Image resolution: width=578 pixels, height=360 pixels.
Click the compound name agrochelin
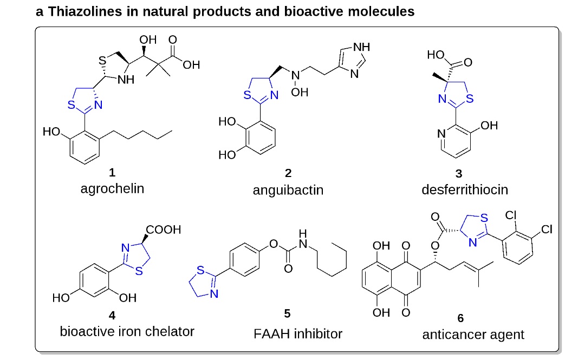pyautogui.click(x=112, y=189)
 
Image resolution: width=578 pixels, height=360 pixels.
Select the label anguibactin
pyautogui.click(x=288, y=190)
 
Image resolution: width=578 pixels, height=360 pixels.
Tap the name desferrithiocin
pyautogui.click(x=465, y=190)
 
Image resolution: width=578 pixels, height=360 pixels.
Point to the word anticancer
pyautogui.click(x=451, y=335)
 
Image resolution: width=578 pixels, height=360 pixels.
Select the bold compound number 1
pyautogui.click(x=112, y=172)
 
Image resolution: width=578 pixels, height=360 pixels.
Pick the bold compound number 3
pyautogui.click(x=459, y=173)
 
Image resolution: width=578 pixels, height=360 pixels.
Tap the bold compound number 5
pyautogui.click(x=288, y=313)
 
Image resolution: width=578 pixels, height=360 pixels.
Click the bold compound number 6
pyautogui.click(x=460, y=318)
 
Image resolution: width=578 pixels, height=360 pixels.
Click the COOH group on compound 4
pyautogui.click(x=164, y=230)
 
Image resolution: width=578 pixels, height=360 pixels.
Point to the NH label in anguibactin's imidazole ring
pyautogui.click(x=361, y=47)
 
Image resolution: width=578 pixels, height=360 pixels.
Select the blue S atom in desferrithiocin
pyautogui.click(x=470, y=99)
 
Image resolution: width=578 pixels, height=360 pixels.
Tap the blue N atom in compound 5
pyautogui.click(x=214, y=293)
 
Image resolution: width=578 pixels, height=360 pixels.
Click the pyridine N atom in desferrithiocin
pyautogui.click(x=441, y=134)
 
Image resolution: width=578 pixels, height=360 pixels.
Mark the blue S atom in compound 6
pyautogui.click(x=484, y=218)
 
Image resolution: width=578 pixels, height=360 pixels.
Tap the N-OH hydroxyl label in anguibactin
pyautogui.click(x=300, y=92)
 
